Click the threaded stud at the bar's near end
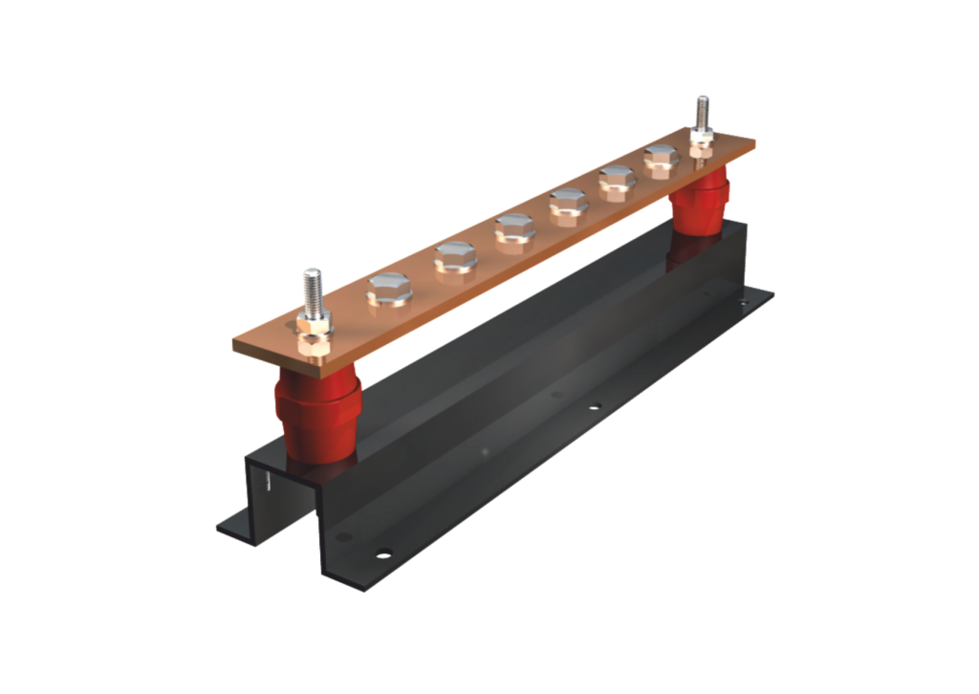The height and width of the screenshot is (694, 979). click(311, 291)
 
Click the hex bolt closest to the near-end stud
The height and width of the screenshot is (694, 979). click(390, 289)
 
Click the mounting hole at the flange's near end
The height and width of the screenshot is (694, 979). click(382, 553)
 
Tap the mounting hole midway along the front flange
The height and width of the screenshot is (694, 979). click(594, 408)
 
